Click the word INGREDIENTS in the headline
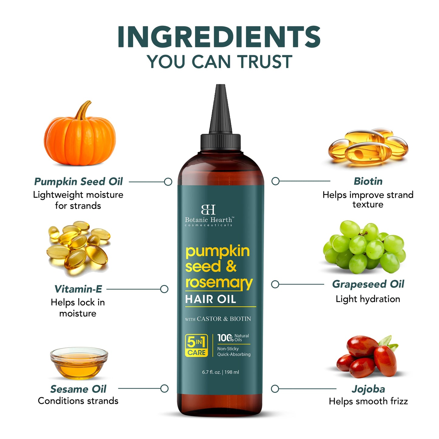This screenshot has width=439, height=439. click(219, 37)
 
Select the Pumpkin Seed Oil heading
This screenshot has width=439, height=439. click(78, 182)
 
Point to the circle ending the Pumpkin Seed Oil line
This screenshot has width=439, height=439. click(168, 182)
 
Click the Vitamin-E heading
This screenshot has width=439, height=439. click(78, 289)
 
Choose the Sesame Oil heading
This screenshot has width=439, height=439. click(78, 389)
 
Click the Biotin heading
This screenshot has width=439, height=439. click(368, 181)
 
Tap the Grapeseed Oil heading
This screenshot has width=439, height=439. click(368, 284)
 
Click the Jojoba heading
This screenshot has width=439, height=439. click(368, 389)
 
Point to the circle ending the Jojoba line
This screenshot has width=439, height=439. click(275, 389)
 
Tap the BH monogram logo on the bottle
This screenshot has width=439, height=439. click(208, 210)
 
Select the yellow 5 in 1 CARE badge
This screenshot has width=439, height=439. click(196, 345)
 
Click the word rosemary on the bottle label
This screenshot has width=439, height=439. click(219, 283)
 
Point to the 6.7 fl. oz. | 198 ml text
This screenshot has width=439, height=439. click(221, 372)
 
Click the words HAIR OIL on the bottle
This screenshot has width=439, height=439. click(211, 299)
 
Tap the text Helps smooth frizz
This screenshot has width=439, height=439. click(368, 401)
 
